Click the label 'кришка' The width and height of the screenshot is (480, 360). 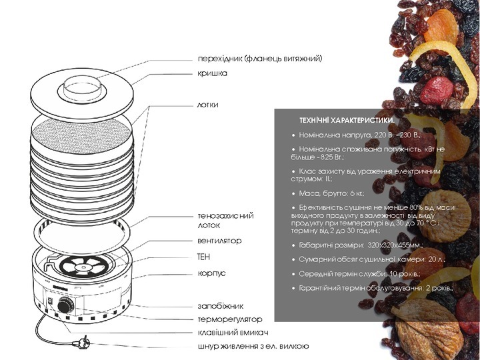pyautogui.click(x=212, y=74)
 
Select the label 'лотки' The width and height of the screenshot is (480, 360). pyautogui.click(x=208, y=105)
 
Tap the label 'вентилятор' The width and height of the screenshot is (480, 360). pyautogui.click(x=219, y=241)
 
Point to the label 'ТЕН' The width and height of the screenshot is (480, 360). pyautogui.click(x=204, y=257)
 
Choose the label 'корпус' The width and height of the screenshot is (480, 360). pyautogui.click(x=211, y=273)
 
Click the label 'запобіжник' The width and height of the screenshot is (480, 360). pyautogui.click(x=221, y=306)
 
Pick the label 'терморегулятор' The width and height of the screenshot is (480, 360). pyautogui.click(x=230, y=319)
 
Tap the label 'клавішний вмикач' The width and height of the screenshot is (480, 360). pyautogui.click(x=233, y=333)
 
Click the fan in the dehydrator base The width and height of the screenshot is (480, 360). pyautogui.click(x=82, y=265)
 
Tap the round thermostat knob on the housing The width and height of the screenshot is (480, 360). pyautogui.click(x=65, y=305)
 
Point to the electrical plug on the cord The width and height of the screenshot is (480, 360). pyautogui.click(x=81, y=343)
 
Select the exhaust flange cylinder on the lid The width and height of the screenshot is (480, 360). pyautogui.click(x=82, y=87)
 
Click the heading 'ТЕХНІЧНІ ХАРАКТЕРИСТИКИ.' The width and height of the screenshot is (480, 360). pyautogui.click(x=347, y=120)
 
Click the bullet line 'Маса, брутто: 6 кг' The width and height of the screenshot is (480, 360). pyautogui.click(x=331, y=193)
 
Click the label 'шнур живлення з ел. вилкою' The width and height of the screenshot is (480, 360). pyautogui.click(x=253, y=346)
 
